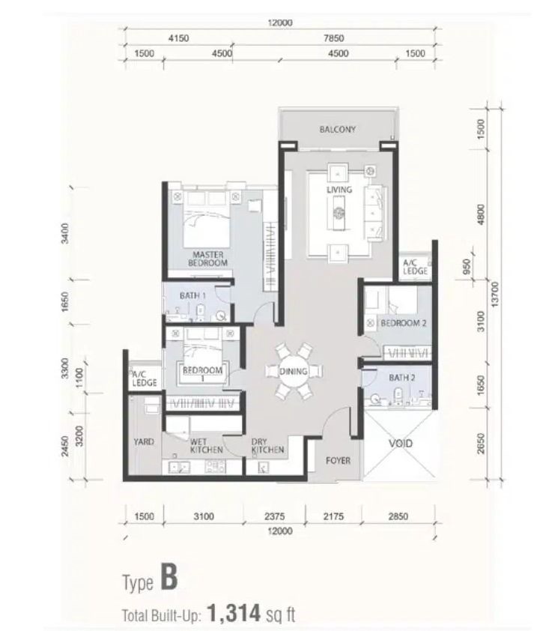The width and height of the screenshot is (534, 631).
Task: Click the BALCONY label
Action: click(337, 129)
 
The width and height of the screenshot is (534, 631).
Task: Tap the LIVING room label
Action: click(339, 190)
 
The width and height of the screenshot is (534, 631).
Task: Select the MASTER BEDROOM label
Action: click(207, 259)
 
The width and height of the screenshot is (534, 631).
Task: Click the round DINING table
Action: click(294, 371)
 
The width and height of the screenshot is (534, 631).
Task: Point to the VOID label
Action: click(401, 444)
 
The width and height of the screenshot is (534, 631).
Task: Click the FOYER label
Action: click(338, 460)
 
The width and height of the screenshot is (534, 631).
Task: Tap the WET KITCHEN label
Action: click(206, 445)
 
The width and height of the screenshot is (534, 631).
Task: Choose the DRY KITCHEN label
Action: click(267, 445)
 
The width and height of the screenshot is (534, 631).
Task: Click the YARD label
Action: click(144, 441)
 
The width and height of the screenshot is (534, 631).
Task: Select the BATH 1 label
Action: click(192, 295)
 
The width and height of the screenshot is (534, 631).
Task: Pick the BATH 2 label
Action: click(401, 378)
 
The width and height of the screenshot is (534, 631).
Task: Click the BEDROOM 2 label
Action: click(404, 323)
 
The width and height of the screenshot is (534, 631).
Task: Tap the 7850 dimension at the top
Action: click(334, 38)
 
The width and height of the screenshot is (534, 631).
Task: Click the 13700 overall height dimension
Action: click(494, 295)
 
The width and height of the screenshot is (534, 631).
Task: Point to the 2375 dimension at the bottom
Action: click(275, 516)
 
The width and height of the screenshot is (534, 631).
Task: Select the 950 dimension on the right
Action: click(466, 266)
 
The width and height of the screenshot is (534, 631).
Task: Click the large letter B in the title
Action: click(169, 577)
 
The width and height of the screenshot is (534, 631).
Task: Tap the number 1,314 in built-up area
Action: click(234, 613)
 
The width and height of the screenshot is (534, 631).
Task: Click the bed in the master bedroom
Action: click(206, 220)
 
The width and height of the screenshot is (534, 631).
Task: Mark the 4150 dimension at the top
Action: click(178, 38)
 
